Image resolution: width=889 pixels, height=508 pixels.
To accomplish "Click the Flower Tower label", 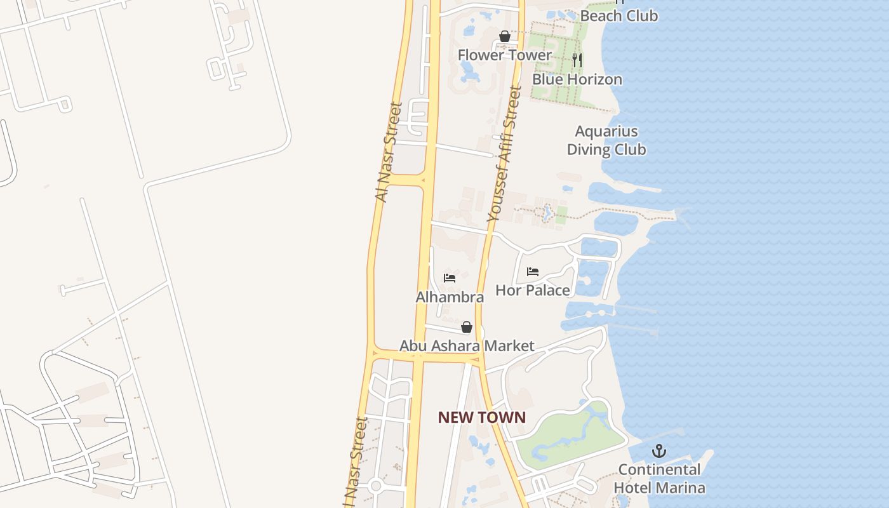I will coord(505,55).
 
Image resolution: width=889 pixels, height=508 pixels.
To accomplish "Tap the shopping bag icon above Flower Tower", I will coord(505,36).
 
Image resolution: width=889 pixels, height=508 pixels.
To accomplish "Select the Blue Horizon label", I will coord(577,79).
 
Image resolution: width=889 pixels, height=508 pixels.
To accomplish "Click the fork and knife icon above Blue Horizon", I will coord(577,60).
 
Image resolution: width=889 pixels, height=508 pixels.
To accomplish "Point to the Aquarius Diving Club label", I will coord(606,140).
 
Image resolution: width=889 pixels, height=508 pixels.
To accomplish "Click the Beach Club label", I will coord(619,16).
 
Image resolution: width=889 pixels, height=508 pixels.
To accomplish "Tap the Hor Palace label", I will coord(532,290).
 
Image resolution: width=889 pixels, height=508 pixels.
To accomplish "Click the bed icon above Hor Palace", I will coord(532,272).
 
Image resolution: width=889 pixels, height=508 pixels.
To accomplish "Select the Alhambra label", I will coord(450,297).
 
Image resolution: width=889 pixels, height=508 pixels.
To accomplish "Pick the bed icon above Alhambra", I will coord(450,278).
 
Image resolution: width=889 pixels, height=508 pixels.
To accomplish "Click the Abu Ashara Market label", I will coord(467,346).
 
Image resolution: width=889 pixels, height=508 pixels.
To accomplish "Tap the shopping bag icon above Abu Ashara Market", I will coord(467,327).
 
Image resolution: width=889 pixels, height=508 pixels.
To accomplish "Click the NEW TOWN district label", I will coord(482,417).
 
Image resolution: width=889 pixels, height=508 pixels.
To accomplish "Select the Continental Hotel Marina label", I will coord(659,479).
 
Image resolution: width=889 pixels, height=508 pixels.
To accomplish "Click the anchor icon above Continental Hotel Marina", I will coord(659,451).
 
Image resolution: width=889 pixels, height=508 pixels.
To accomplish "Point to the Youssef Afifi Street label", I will coord(504,154).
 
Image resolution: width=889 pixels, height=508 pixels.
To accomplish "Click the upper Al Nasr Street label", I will coord(389,152).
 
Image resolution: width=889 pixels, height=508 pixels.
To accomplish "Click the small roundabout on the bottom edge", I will coord(375,487).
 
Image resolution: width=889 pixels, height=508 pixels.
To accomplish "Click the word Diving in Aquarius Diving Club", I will coord(592,150).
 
